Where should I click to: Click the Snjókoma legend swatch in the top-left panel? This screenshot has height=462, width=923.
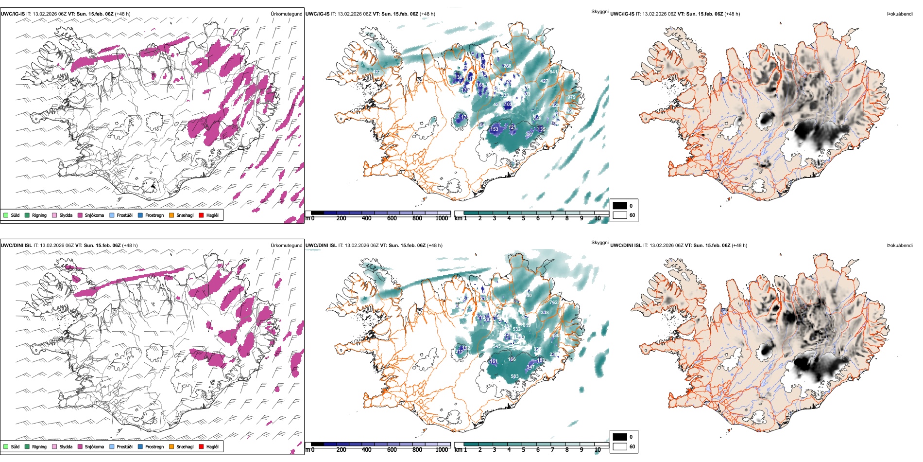[80, 215]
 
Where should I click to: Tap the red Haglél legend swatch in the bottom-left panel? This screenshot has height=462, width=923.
[202, 446]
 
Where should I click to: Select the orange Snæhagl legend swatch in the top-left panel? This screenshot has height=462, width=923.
[171, 215]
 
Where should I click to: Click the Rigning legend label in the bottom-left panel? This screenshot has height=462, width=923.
[39, 446]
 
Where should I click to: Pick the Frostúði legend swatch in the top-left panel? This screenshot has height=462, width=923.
[112, 215]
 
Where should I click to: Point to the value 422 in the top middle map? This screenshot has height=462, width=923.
[377, 72]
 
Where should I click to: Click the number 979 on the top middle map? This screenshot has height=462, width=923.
[571, 97]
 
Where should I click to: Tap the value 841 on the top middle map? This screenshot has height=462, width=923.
[553, 72]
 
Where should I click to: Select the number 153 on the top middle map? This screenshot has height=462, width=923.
[494, 129]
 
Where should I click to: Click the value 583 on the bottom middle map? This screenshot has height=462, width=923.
[514, 376]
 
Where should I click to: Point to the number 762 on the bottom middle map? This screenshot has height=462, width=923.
[553, 302]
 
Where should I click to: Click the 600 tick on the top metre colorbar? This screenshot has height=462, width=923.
[392, 218]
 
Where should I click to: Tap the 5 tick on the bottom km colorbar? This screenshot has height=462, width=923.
[524, 450]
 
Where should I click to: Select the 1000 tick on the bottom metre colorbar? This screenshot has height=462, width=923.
[442, 450]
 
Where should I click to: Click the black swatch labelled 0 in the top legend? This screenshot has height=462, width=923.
[620, 206]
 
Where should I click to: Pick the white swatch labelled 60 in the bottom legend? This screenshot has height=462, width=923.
[620, 446]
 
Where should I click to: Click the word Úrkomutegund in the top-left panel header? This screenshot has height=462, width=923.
[286, 14]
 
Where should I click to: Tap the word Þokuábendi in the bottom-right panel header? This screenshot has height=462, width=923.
[900, 246]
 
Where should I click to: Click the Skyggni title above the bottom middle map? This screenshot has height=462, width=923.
[599, 243]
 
